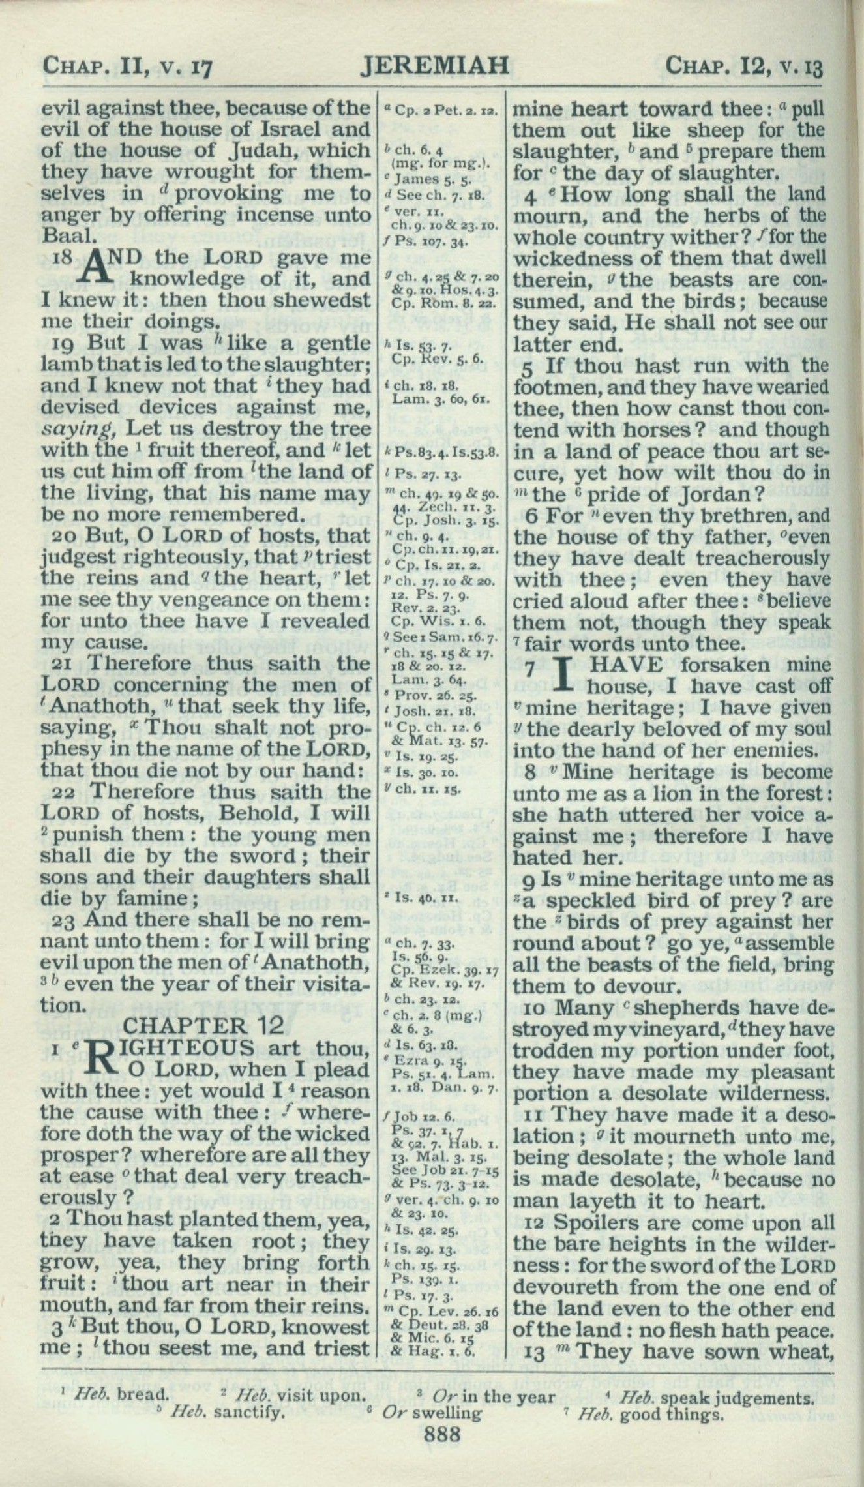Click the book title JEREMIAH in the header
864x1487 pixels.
point(434,66)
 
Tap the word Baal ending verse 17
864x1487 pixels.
point(63,235)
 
